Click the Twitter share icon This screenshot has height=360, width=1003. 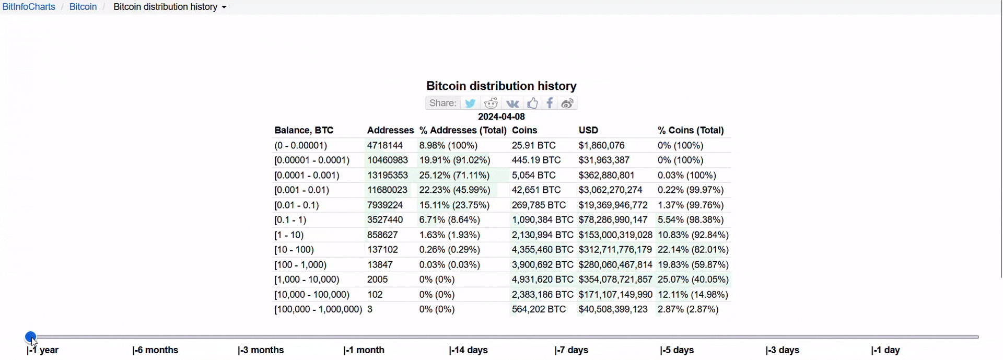(470, 103)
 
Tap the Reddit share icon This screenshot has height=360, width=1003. (491, 103)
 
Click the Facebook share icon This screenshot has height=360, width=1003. (550, 103)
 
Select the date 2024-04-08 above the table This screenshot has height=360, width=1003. (501, 117)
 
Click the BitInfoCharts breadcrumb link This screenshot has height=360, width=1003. (29, 7)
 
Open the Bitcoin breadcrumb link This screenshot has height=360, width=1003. (83, 7)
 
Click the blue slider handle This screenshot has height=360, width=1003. (31, 337)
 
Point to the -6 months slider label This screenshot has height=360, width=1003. (156, 351)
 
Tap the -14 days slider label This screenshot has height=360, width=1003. (469, 351)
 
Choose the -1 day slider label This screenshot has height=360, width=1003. (886, 351)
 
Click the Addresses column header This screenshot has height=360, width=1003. (390, 131)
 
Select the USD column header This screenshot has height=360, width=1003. (588, 131)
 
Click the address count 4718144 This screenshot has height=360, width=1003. (385, 146)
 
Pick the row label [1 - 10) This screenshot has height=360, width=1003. (289, 235)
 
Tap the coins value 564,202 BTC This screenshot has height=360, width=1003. (539, 310)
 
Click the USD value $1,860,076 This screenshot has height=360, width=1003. (601, 146)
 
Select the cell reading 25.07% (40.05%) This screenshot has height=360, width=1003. (693, 280)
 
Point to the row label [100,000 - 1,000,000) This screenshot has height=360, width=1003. (318, 310)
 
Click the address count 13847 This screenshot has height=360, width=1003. (380, 265)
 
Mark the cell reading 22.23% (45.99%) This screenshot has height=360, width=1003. (454, 190)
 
